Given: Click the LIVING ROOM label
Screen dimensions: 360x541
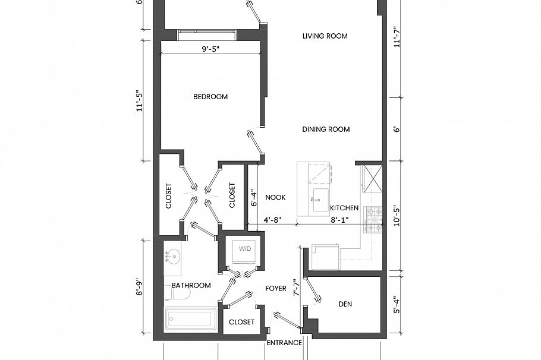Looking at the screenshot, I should coord(325,36).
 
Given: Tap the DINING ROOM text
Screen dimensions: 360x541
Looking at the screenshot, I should coord(325,130).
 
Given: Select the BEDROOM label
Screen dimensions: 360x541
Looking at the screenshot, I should coord(210,97).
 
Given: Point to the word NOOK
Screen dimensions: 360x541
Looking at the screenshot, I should coord(276,198).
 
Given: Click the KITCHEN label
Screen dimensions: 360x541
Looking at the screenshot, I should coord(344,208).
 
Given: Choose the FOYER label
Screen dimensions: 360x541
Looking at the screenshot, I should coord(276,288).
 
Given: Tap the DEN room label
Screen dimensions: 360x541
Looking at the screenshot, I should coord(345,304).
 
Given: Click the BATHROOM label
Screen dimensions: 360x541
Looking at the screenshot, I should coord(191,285).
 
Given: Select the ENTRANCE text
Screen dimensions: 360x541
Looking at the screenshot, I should coord(284,343).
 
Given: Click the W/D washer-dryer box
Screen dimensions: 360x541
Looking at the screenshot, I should coord(245,249).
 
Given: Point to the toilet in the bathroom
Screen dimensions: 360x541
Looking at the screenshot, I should coord(178,293).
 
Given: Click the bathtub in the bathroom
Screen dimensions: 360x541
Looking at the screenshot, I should coord(191,319).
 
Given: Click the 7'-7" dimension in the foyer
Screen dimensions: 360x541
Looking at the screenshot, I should coord(295,289).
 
